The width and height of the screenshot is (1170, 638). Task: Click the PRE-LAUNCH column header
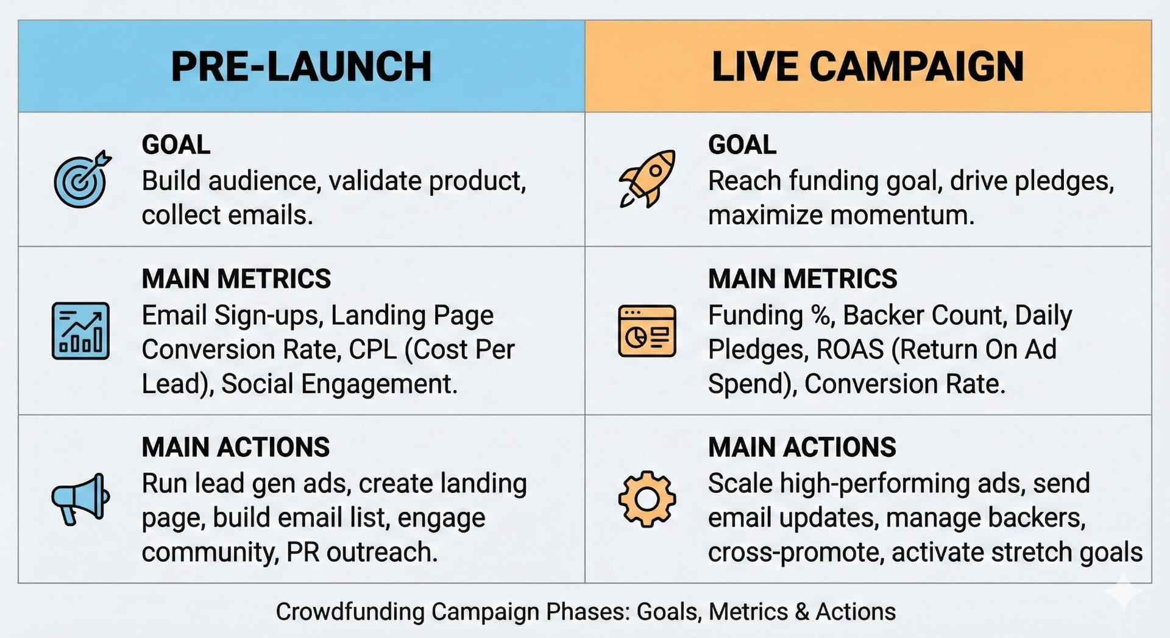pos(301,66)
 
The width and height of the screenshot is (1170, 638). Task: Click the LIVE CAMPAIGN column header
pos(867,66)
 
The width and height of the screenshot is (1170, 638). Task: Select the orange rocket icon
pos(647,179)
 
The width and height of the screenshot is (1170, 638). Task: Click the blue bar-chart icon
pos(80,331)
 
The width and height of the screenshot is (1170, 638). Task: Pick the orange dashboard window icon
pos(647,331)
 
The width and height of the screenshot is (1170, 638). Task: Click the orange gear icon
pos(647,499)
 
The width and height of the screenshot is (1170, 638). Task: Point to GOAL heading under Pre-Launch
pos(175,145)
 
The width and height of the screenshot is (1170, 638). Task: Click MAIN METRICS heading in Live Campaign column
pos(802,279)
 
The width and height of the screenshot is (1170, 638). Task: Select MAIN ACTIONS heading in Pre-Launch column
pos(235,447)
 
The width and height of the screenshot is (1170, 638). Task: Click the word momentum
pos(901,216)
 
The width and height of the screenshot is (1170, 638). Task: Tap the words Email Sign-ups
pos(232,316)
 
